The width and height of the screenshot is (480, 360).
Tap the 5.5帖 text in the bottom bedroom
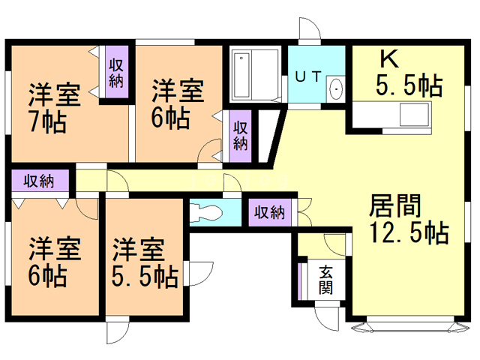145,277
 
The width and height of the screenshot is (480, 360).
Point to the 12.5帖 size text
408,232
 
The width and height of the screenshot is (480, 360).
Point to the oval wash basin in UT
336,88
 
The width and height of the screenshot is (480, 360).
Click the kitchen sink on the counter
413,115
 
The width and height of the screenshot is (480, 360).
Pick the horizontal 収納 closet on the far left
39,181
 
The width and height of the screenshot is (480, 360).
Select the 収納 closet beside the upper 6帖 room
239,134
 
